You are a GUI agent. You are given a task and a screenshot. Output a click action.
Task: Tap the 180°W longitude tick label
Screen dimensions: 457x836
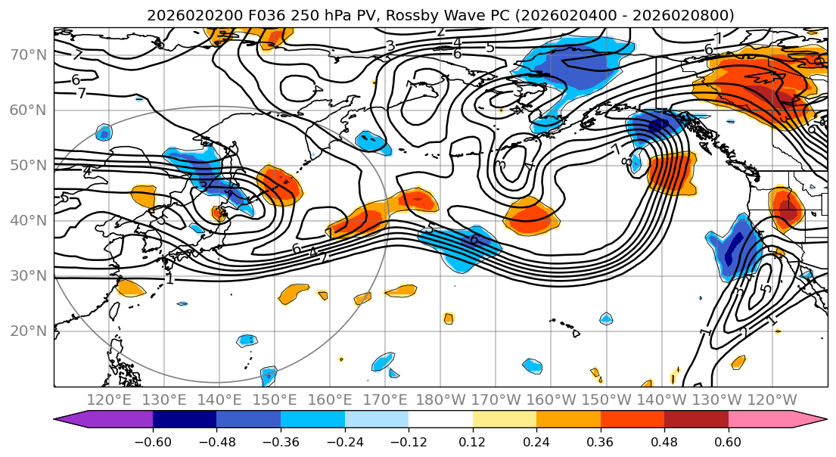pos(440,399)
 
